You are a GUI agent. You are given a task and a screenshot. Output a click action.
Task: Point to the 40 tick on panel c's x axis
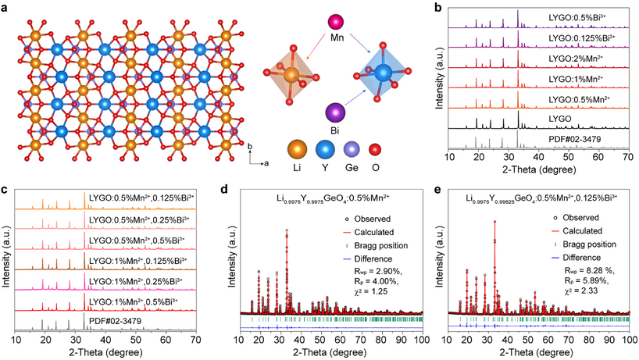click(x=104, y=340)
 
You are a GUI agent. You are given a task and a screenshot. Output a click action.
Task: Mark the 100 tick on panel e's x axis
click(x=627, y=340)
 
